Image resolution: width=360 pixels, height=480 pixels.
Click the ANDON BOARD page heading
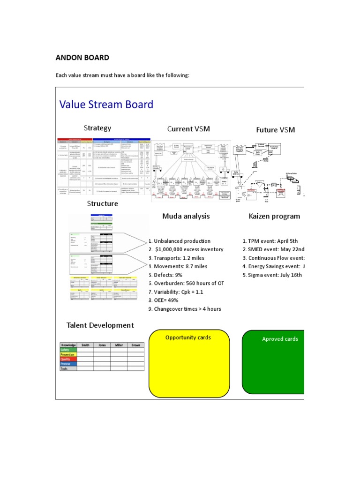point(82,58)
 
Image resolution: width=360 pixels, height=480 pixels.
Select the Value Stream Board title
point(106,104)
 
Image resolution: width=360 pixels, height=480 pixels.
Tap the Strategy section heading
point(97,128)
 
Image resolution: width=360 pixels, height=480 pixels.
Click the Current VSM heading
point(187,129)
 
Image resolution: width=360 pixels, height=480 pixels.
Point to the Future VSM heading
point(275,130)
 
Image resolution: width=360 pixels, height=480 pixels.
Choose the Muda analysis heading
point(186,216)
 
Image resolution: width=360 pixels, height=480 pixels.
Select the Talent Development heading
point(100,325)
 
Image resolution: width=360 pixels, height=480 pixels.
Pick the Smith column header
point(85,345)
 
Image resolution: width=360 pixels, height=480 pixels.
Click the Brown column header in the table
point(135,345)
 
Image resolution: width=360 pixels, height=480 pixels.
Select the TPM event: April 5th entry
point(270,241)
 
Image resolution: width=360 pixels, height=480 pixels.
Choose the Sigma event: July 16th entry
point(272,275)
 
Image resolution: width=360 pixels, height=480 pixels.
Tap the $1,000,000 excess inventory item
point(186,249)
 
